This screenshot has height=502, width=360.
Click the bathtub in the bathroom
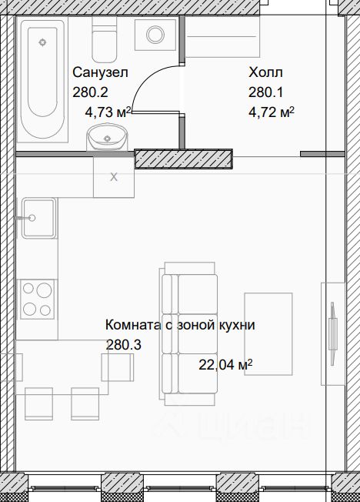pos(42,80)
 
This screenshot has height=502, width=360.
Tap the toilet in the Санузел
pos(104,39)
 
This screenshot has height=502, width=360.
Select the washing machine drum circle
pos(155,34)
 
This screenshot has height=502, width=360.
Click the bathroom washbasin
pos(107,138)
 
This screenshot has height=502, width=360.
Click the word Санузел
pos(100,72)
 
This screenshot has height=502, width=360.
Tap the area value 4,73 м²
pos(108,112)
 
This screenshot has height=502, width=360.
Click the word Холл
pos(265,72)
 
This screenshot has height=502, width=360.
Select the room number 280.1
pos(266,92)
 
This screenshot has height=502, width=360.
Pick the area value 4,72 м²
pos(272,112)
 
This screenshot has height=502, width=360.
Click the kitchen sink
pos(39,219)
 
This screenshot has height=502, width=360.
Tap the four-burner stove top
pos(37,300)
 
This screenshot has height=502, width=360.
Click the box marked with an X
pos(114,177)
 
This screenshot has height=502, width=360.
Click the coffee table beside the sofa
pos(268,334)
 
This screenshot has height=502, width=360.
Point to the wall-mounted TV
pos(333,334)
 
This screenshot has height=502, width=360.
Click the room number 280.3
pos(123,345)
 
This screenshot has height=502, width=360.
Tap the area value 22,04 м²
pos(225,365)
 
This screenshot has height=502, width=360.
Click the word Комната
pos(132,325)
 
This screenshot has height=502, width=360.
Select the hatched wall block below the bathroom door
pos(183,159)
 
